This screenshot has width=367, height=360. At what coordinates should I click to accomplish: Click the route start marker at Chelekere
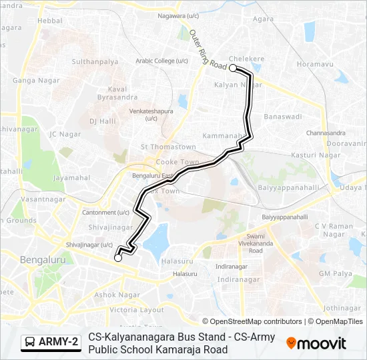(233, 68)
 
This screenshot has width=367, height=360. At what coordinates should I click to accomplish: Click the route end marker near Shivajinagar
(118, 258)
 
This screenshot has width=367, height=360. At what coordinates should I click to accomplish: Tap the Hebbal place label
(49, 21)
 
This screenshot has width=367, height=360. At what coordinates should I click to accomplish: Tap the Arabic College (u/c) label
(161, 60)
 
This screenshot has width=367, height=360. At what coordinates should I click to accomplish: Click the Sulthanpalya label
(95, 61)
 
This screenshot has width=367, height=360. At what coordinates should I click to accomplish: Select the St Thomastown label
(167, 147)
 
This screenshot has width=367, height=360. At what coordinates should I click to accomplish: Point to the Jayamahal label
(71, 178)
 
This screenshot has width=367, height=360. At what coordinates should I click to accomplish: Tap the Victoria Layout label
(136, 310)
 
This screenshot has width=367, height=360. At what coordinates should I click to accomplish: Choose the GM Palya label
(335, 274)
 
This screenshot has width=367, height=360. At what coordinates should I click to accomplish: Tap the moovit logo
(316, 343)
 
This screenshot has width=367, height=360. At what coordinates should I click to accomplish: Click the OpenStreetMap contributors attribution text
(252, 321)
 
